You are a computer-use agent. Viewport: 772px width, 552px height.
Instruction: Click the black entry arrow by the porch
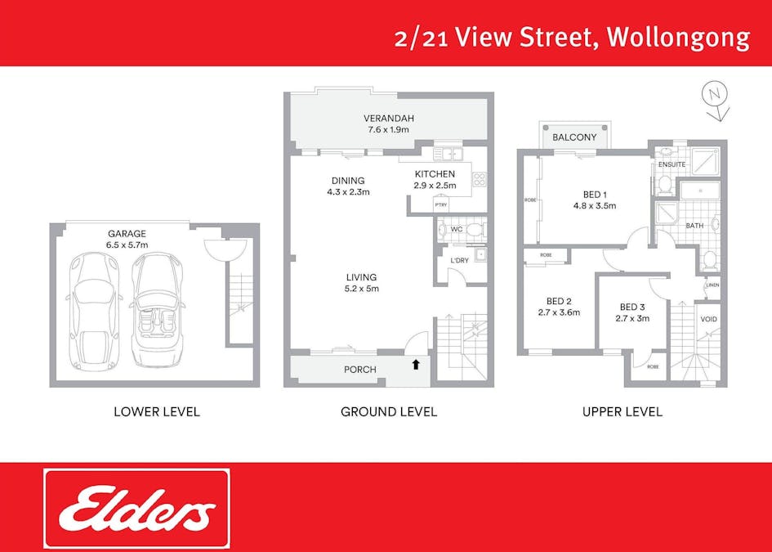coord(416,365)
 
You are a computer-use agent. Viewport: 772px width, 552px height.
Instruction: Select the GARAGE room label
coord(127,234)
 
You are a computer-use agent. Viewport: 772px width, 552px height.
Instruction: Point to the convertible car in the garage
coord(157,309)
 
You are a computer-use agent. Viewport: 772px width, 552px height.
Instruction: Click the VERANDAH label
coord(389,119)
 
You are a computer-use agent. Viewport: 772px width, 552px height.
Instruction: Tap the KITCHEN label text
coord(435,174)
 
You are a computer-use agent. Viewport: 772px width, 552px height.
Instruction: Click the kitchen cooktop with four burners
coord(480,180)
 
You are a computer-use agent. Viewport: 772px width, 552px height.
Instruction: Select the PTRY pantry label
coord(440,204)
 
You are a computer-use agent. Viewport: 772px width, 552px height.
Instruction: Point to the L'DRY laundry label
coord(459,260)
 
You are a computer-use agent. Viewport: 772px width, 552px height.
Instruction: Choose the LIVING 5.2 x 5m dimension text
coord(362,289)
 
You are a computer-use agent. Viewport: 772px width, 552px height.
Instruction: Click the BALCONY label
coord(574,137)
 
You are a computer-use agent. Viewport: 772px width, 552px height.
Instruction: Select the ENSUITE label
coord(672,164)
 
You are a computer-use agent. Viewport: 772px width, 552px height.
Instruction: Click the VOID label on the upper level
coord(708,320)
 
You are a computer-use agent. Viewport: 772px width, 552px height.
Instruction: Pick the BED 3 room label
coord(632,307)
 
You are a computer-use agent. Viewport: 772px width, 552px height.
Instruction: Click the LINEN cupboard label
coord(712,285)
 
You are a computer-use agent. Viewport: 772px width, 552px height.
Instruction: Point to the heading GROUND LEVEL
coord(389,411)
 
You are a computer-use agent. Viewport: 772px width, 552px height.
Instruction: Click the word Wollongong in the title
coord(678,38)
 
